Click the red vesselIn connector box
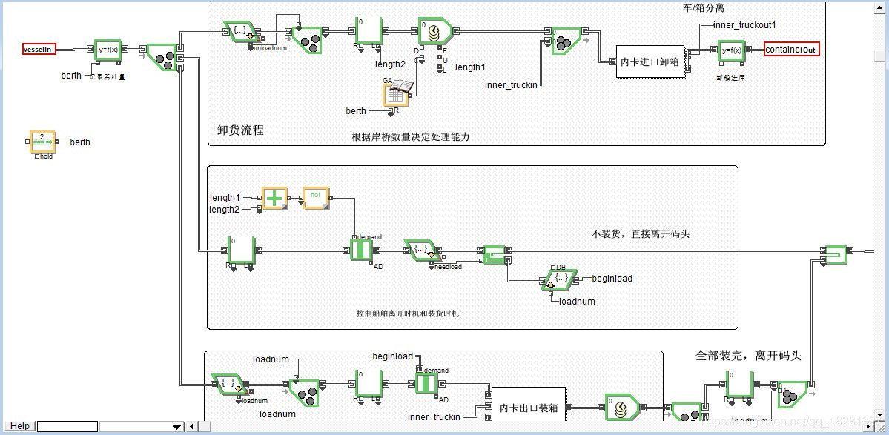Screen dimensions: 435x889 (x=39, y=49)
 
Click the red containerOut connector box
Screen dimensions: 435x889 (x=792, y=50)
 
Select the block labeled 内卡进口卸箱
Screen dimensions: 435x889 (x=650, y=62)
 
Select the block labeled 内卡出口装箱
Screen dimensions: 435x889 (x=528, y=408)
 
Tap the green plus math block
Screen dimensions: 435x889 (x=275, y=198)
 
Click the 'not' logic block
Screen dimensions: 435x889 (x=316, y=198)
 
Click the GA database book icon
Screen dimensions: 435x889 (x=396, y=93)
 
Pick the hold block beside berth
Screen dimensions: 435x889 (x=42, y=141)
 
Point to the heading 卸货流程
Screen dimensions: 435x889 (x=240, y=130)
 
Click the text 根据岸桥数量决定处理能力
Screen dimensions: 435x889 (x=411, y=137)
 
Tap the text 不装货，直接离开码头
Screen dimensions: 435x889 (x=641, y=234)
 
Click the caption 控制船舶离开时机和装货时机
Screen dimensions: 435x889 (x=408, y=313)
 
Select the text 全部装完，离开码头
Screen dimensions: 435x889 (x=749, y=356)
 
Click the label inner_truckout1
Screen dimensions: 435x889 (x=744, y=25)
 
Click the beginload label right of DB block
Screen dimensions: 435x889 (x=612, y=279)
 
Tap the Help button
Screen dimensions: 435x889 (x=19, y=426)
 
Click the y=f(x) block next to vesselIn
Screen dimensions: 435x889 (x=108, y=50)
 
